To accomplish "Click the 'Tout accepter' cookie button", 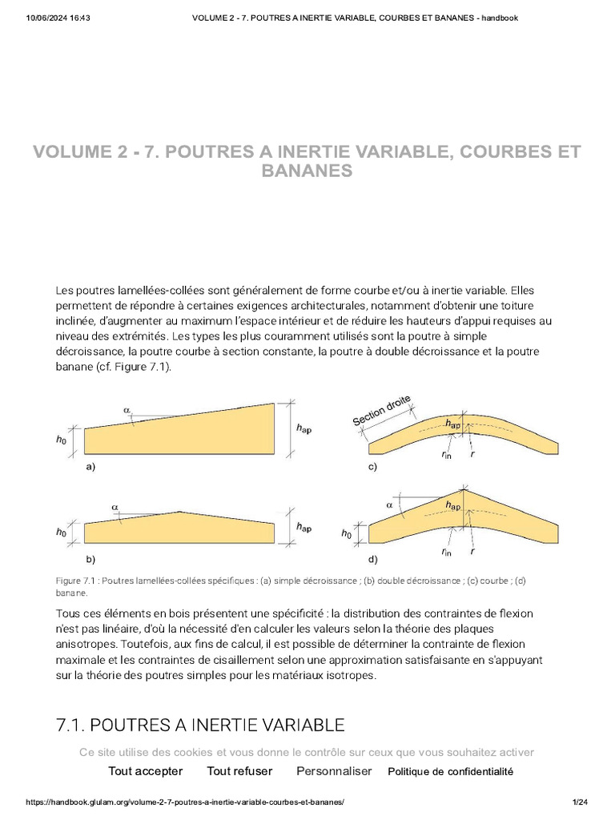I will pyautogui.click(x=145, y=771).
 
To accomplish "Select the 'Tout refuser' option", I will pyautogui.click(x=239, y=771).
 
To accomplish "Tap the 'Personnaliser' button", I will pyautogui.click(x=334, y=771).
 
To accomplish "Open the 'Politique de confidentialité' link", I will pyautogui.click(x=450, y=772).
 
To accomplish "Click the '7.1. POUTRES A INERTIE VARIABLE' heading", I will pyautogui.click(x=200, y=726).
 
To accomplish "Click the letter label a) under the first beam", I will pyautogui.click(x=90, y=466).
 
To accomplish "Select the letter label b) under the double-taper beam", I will pyautogui.click(x=90, y=558).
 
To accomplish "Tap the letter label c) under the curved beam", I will pyautogui.click(x=372, y=466).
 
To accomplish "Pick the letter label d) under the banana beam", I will pyautogui.click(x=372, y=558).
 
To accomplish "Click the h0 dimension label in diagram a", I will pyautogui.click(x=62, y=439).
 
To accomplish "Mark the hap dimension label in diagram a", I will pyautogui.click(x=303, y=429).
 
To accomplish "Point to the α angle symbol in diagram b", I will pyautogui.click(x=115, y=507).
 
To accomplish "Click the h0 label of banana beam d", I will pyautogui.click(x=346, y=533).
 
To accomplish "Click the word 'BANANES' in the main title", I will pyautogui.click(x=307, y=171).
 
